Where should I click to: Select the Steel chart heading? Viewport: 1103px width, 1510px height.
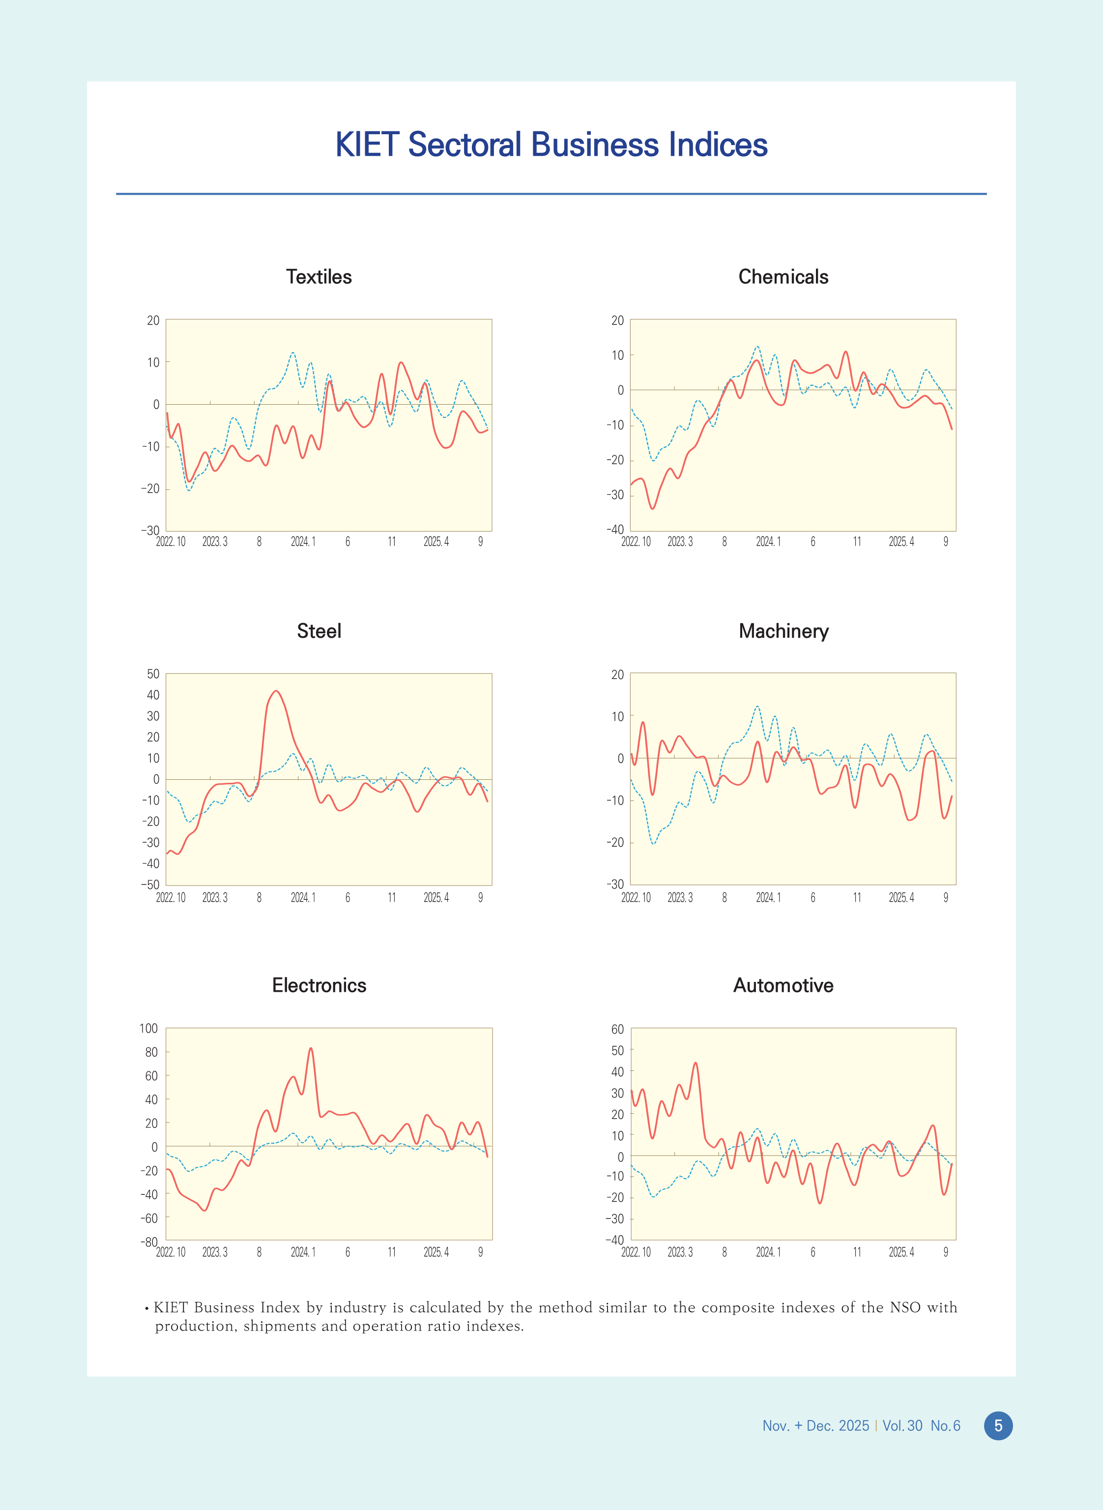(x=319, y=631)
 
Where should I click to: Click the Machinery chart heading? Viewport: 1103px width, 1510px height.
(x=783, y=631)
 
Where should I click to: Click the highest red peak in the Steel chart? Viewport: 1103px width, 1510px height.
(x=276, y=691)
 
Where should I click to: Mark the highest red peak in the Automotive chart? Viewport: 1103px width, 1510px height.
(x=695, y=1063)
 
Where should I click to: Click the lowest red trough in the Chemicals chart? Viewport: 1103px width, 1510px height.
(x=652, y=509)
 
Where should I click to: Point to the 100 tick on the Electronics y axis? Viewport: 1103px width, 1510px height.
(x=148, y=1029)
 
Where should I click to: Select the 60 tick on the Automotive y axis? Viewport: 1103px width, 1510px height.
(x=617, y=1029)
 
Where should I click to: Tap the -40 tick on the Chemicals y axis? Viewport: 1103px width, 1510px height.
(x=614, y=530)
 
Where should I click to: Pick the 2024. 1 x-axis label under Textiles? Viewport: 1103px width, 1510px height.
(x=302, y=542)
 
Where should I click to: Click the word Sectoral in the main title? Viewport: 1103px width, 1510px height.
(x=464, y=145)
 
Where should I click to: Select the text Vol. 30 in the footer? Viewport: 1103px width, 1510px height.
(x=902, y=1426)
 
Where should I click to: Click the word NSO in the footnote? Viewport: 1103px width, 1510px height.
(x=905, y=1307)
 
